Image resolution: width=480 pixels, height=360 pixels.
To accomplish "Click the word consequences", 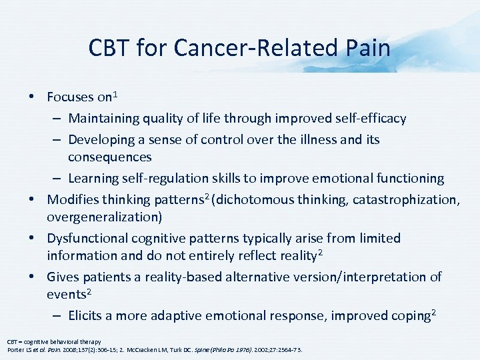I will (110, 157).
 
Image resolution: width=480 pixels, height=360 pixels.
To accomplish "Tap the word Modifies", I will (74, 199).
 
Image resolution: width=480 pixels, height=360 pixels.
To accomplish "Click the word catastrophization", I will (403, 199).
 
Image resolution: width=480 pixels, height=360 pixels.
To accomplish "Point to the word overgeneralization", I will (104, 217).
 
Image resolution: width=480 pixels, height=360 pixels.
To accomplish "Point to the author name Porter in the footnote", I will (15, 350).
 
